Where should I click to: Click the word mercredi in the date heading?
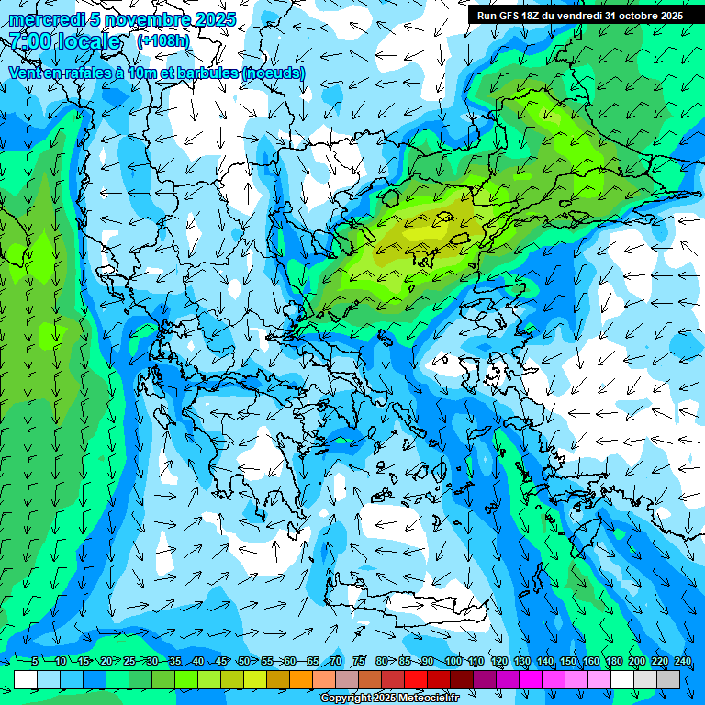point(44,19)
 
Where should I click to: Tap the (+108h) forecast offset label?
point(163,40)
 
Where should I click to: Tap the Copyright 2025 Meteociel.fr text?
point(402,699)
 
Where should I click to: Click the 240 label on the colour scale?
point(682,661)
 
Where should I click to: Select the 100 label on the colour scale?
point(453,661)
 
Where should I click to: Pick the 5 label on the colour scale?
point(34,661)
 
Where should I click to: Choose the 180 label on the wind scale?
point(613,661)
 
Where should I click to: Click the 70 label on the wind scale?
point(336,661)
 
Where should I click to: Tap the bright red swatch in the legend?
point(416,679)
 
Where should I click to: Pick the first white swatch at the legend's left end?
point(26,679)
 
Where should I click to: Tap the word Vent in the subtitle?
point(26,73)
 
